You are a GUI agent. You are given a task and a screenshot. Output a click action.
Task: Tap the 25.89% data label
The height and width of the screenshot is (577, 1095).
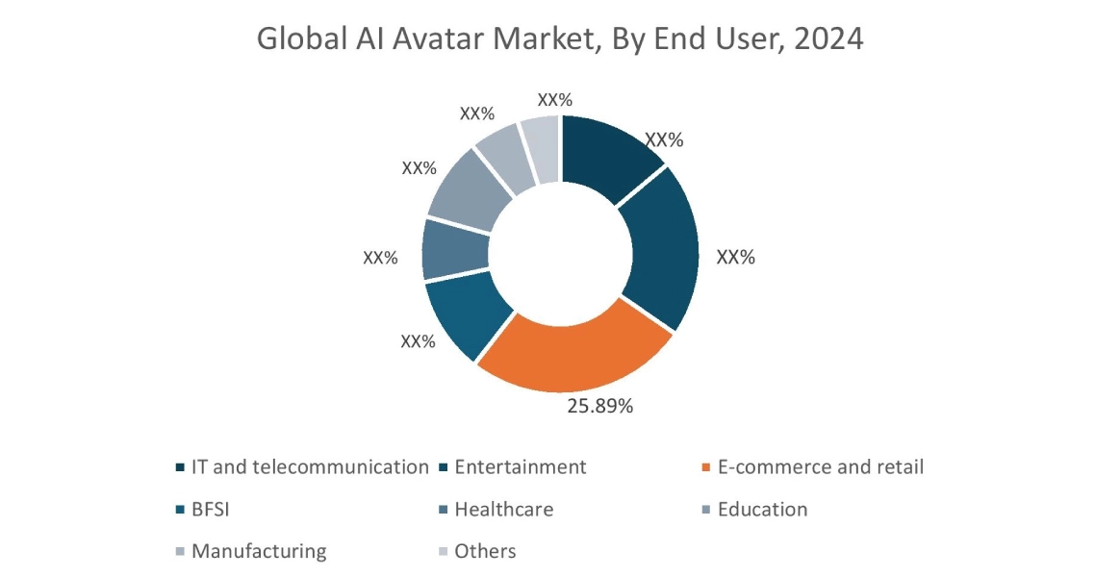[599, 406]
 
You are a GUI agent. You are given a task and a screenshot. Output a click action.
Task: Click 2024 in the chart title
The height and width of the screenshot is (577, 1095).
[828, 39]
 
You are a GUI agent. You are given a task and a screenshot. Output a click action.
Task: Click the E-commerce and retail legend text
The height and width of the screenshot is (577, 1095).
[820, 467]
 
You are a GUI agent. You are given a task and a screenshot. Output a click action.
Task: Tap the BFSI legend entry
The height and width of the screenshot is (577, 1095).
[211, 510]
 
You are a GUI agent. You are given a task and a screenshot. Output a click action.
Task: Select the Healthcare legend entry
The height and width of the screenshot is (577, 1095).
[503, 510]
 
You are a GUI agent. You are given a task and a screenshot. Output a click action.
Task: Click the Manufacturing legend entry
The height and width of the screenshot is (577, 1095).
[259, 552]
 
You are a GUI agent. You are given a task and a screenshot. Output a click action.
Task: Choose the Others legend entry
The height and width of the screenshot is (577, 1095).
[485, 552]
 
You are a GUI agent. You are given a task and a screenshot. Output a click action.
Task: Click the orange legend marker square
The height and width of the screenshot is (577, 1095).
[706, 468]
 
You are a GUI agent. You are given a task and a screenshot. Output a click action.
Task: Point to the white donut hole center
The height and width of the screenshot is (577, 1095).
[560, 252]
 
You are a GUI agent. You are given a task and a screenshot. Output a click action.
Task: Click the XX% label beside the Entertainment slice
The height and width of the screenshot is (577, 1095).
[736, 258]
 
